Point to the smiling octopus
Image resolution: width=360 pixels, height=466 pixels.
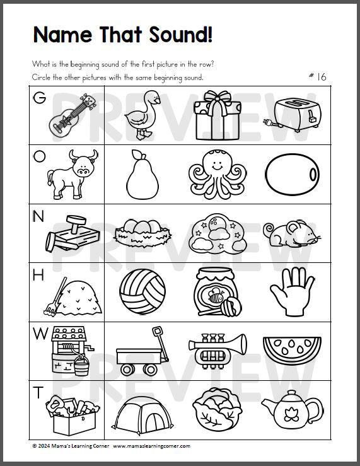(x=218, y=173)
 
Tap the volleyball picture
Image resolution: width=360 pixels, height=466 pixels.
(x=142, y=292)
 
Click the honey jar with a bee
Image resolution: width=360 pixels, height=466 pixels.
(x=216, y=292)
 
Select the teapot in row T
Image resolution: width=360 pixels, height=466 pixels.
(x=290, y=412)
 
